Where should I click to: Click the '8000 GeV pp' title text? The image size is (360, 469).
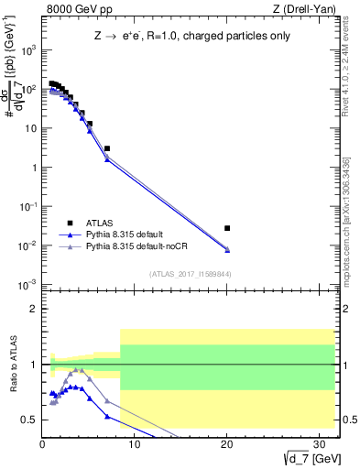tap(72, 9)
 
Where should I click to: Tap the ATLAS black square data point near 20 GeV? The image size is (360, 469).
tap(227, 228)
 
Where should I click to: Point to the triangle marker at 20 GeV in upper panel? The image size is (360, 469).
tap(227, 250)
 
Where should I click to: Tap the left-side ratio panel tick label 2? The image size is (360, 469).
tap(33, 310)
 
